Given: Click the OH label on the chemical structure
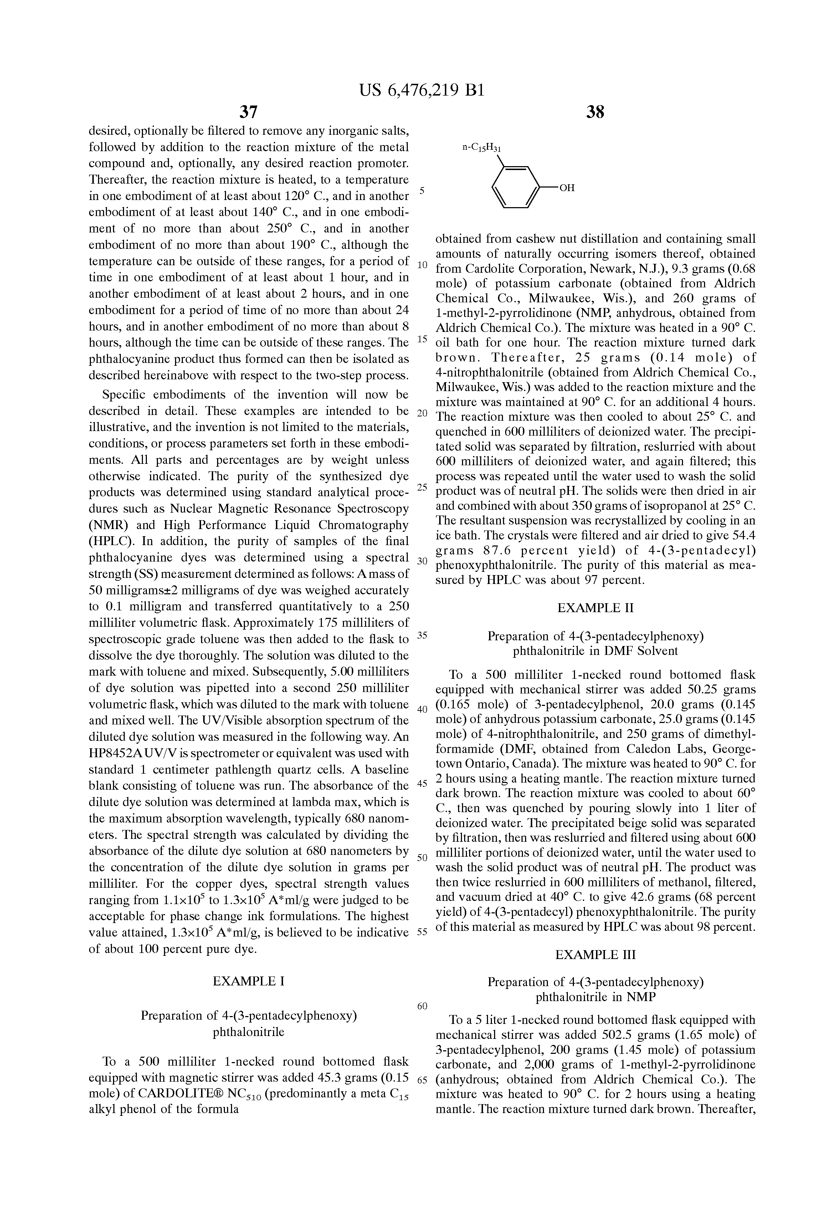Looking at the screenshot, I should click(x=567, y=188).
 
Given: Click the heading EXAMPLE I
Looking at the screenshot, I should click(x=248, y=981).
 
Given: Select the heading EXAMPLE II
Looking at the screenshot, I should click(x=595, y=608).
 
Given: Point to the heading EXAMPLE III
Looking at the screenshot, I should click(x=595, y=955).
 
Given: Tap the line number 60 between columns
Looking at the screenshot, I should click(x=422, y=1006).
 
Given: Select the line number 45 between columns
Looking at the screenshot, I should click(x=422, y=784).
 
